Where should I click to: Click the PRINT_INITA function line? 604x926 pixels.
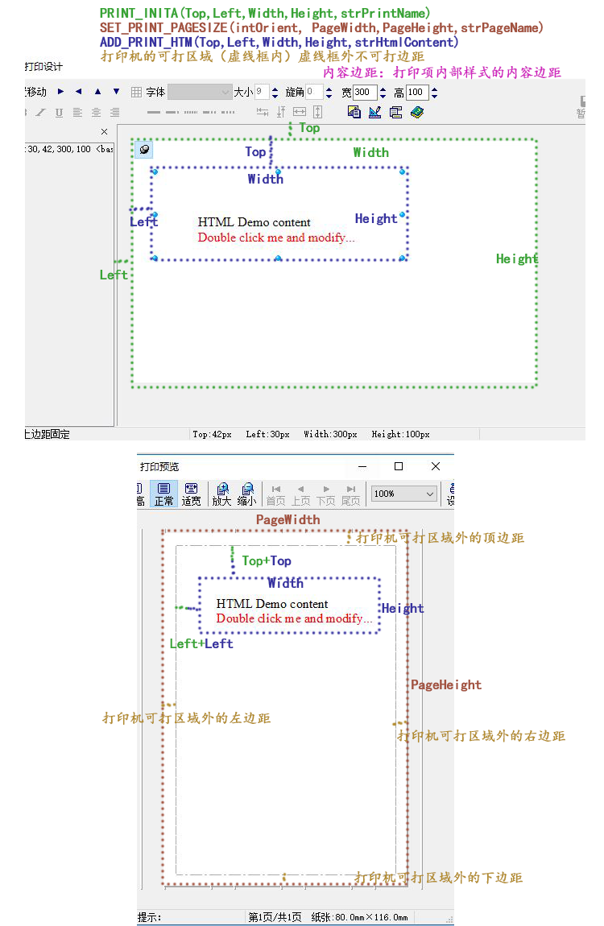click(265, 13)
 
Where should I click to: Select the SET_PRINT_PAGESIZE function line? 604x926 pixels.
click(322, 27)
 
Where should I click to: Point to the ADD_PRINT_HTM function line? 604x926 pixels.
click(279, 42)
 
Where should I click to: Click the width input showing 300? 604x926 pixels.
click(364, 93)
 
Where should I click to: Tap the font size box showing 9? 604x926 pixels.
click(262, 93)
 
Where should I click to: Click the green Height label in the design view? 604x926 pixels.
click(516, 258)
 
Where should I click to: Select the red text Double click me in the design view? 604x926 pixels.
click(276, 238)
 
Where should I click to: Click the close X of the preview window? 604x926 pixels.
click(436, 466)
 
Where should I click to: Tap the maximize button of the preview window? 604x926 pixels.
click(399, 466)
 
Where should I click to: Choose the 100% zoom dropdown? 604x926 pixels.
click(404, 494)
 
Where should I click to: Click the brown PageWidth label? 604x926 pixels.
click(288, 520)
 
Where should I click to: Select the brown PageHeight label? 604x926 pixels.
click(446, 685)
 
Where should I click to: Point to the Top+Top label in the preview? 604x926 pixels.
click(267, 561)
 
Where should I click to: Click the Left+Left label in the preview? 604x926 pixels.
click(201, 644)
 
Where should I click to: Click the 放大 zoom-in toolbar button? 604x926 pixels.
click(221, 494)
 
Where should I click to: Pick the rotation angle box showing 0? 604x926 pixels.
click(313, 93)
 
